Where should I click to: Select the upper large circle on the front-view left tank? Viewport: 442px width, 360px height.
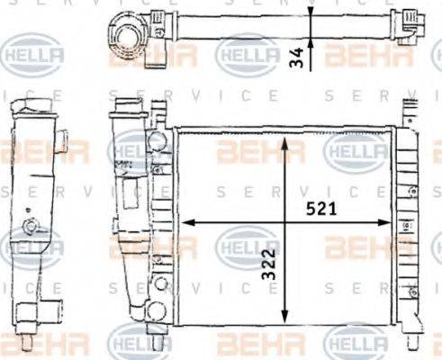158,142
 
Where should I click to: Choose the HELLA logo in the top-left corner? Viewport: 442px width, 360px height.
33,57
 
